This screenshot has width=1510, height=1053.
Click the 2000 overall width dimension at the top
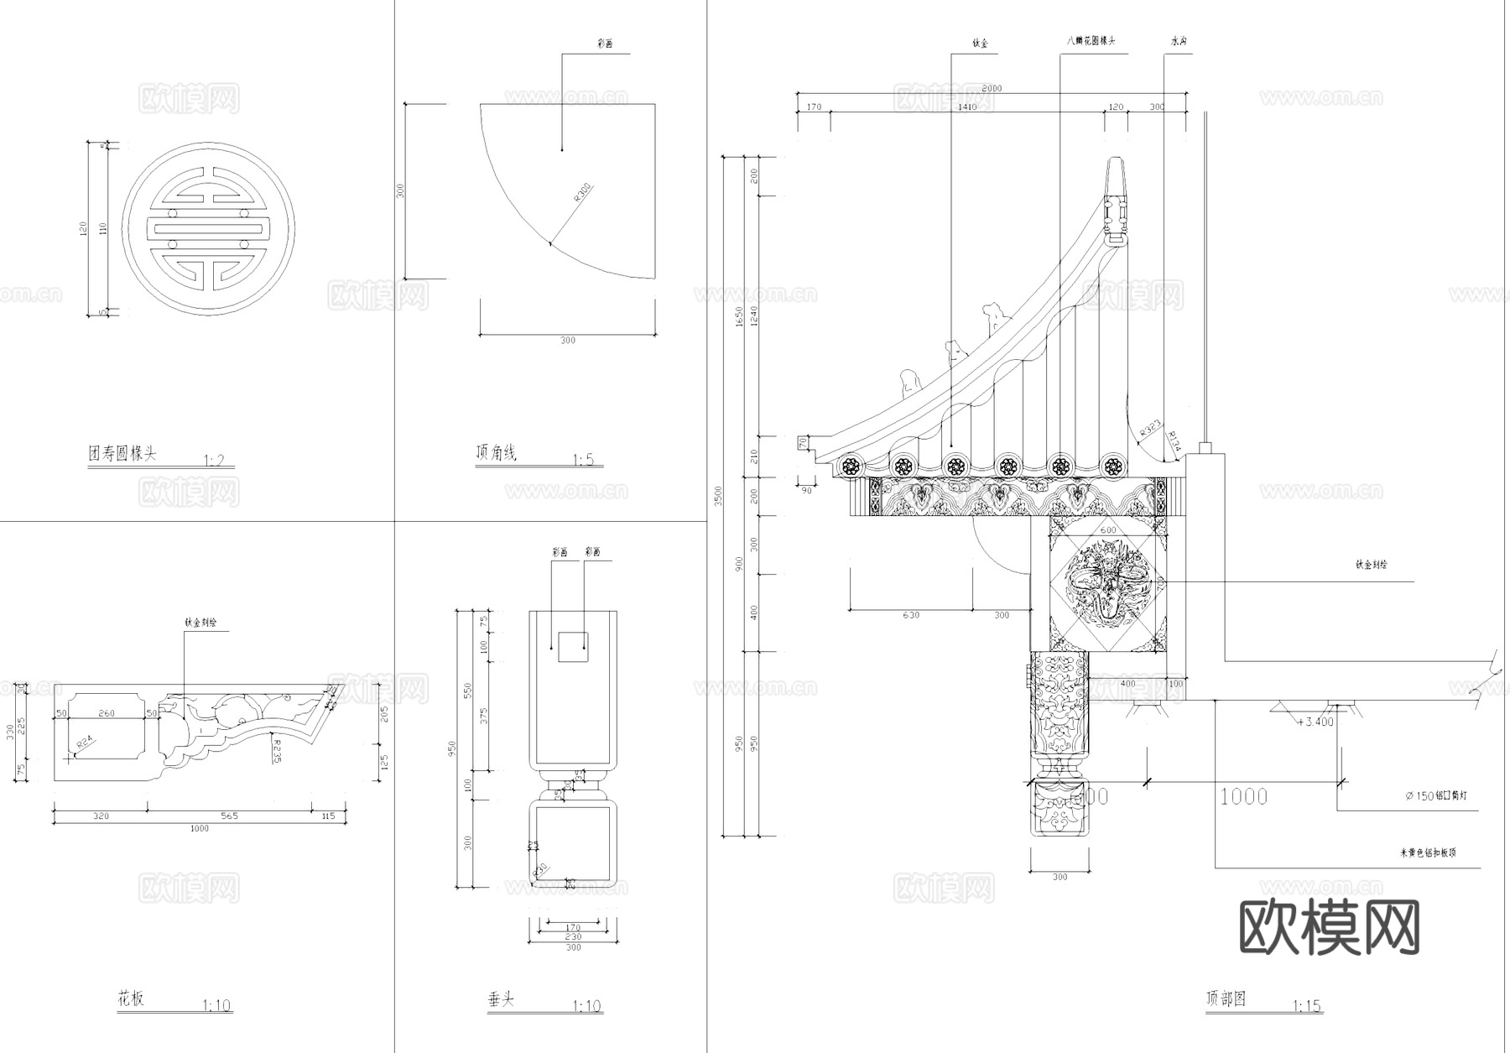tap(991, 88)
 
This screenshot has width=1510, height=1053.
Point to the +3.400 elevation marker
tap(1315, 722)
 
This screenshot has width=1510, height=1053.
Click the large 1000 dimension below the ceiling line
tap(1243, 796)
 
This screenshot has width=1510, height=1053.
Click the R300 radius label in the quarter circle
tap(583, 194)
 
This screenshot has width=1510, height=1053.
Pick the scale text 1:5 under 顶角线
tap(583, 460)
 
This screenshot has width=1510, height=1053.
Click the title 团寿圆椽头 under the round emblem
tap(122, 454)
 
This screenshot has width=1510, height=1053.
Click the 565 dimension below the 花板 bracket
tap(229, 816)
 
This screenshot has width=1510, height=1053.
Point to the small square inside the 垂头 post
tap(573, 647)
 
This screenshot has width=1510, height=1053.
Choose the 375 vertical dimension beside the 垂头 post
tap(483, 715)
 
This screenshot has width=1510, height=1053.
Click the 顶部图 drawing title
tap(1226, 998)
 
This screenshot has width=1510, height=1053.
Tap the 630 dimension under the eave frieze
tap(911, 615)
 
